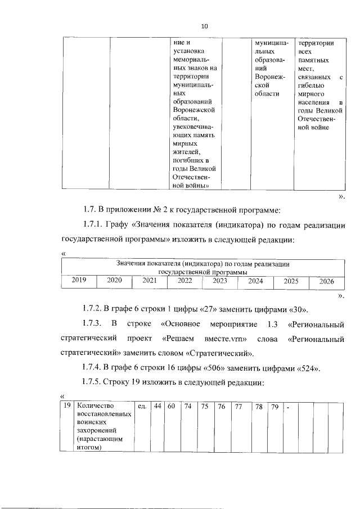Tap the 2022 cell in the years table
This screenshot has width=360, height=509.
[184, 280]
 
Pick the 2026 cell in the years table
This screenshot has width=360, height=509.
[326, 281]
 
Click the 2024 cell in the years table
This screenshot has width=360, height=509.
[255, 280]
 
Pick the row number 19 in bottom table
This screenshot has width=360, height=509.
[66, 406]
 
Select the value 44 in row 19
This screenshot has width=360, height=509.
[157, 406]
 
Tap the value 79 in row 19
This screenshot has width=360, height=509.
[274, 406]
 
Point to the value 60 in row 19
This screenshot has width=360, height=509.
[171, 406]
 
